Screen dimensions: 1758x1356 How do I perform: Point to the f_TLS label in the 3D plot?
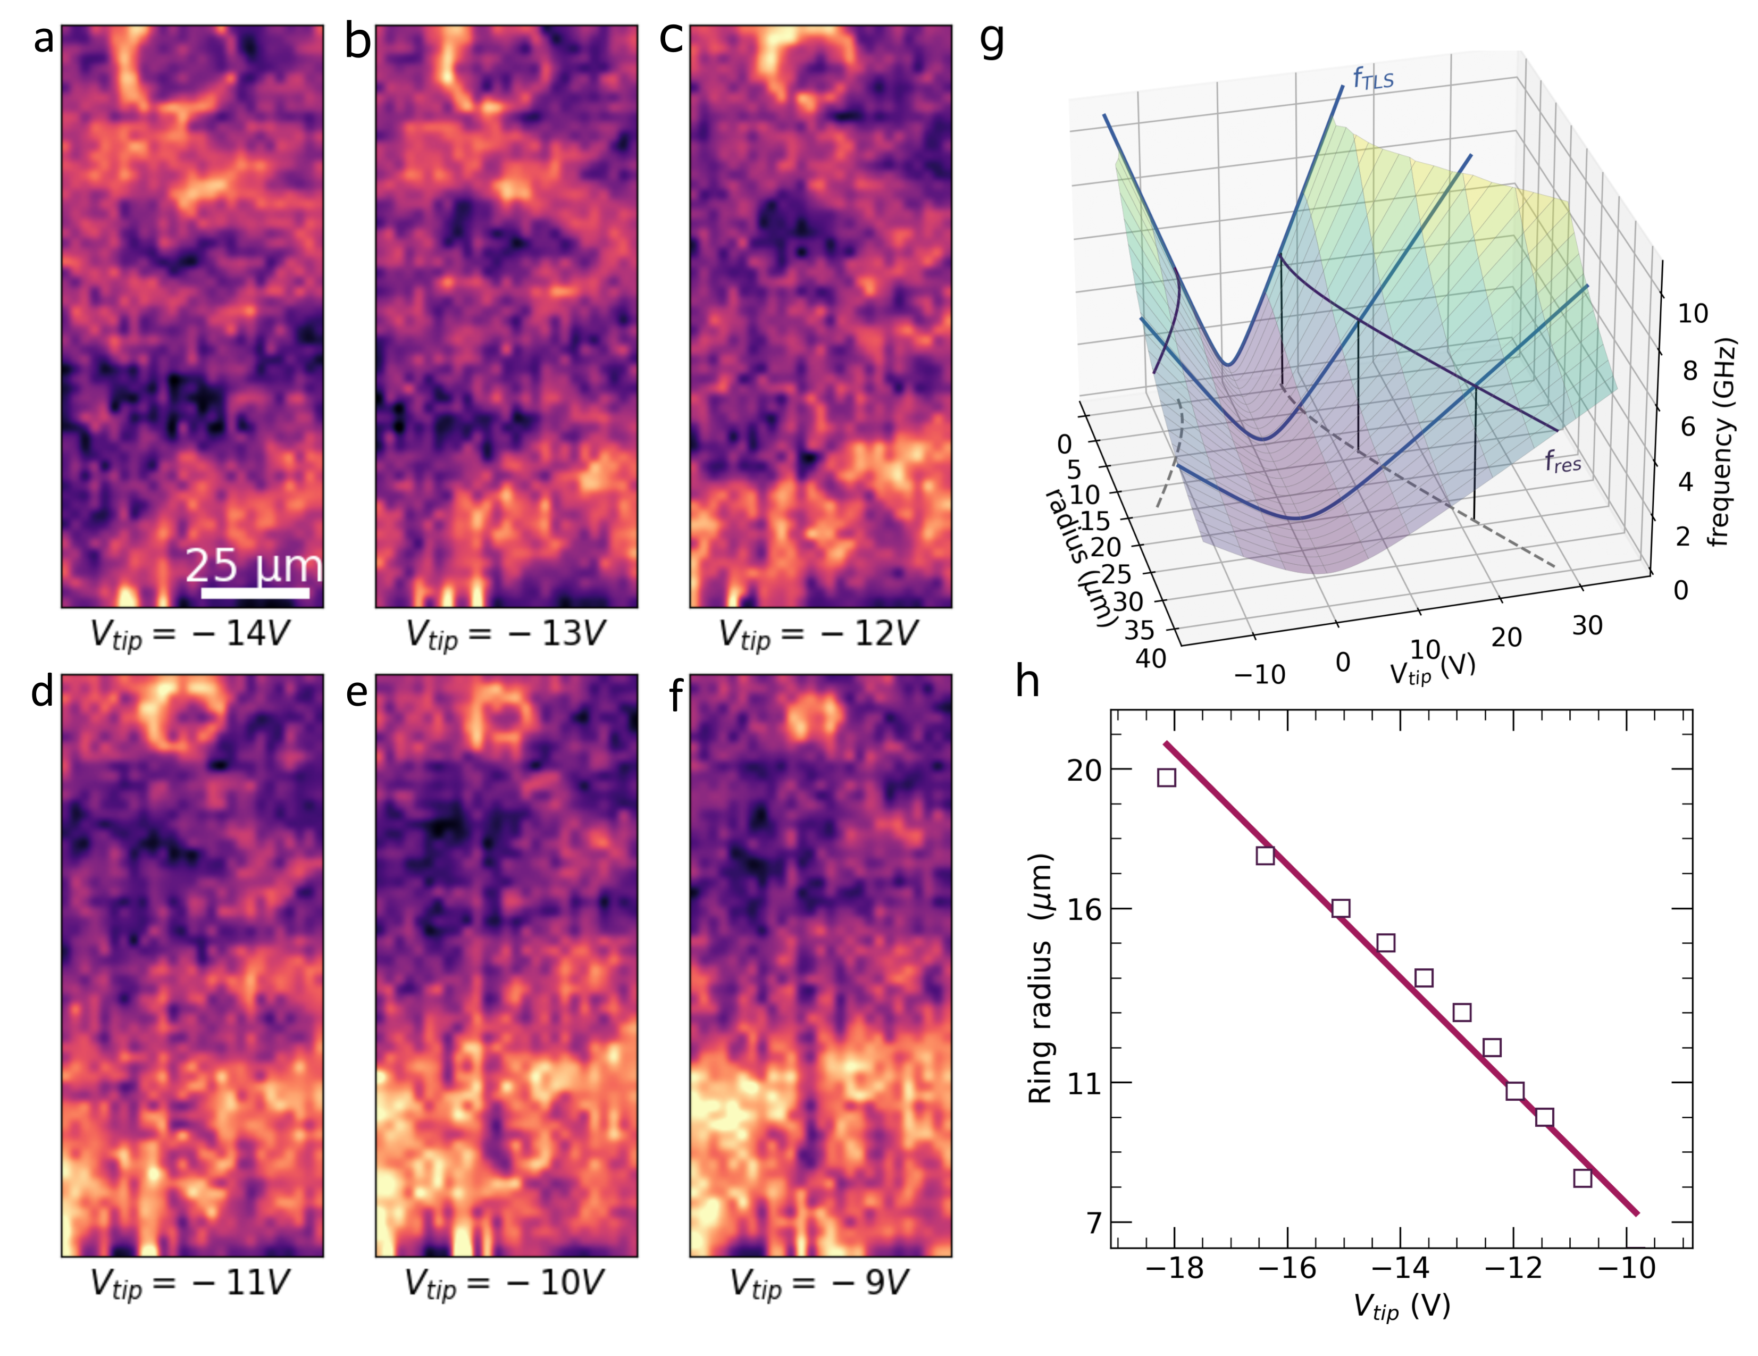pyautogui.click(x=1373, y=78)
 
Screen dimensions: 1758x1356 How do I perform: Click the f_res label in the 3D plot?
pyautogui.click(x=1562, y=462)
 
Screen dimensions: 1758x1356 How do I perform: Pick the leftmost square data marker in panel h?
pyautogui.click(x=1166, y=777)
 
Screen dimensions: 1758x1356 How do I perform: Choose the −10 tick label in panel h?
pyautogui.click(x=1627, y=1269)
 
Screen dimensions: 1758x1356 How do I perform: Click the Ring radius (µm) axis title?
pyautogui.click(x=1041, y=978)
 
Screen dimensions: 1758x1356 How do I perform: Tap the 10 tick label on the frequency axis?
pyautogui.click(x=1693, y=314)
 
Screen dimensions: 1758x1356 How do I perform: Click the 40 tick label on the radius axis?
pyautogui.click(x=1151, y=659)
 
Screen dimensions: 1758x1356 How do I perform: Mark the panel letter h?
pyautogui.click(x=1028, y=682)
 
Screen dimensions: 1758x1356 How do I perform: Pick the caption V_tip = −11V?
pyautogui.click(x=189, y=1284)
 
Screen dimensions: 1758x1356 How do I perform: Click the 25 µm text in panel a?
pyautogui.click(x=254, y=566)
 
